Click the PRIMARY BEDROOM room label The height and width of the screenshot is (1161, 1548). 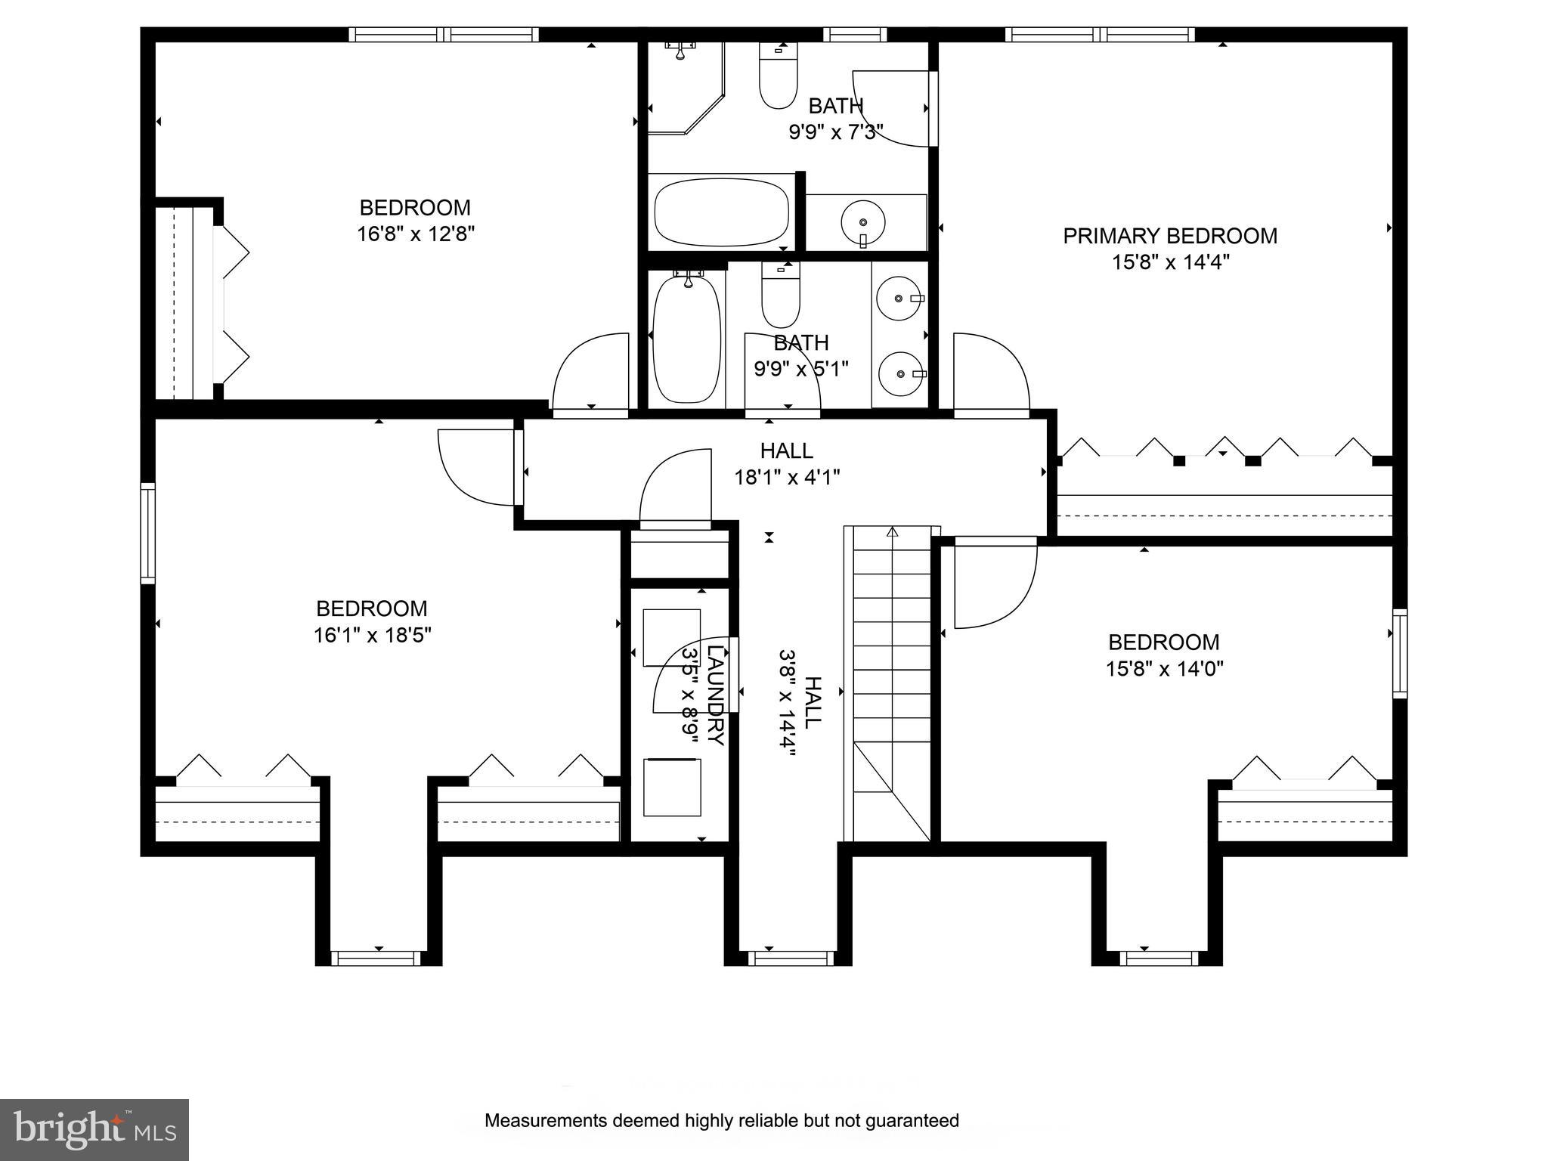pos(1169,236)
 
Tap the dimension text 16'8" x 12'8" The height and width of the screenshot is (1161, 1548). pos(415,234)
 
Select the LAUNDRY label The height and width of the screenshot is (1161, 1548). pos(716,692)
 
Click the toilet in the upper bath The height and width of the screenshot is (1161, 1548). pos(778,76)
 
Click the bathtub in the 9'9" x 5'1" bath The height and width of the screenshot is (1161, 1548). pos(687,339)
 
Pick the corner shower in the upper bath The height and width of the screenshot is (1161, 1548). pos(686,88)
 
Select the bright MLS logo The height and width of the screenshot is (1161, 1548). pos(94,1129)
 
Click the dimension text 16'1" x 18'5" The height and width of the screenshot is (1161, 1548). pos(372,635)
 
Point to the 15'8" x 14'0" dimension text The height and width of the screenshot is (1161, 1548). pos(1164,669)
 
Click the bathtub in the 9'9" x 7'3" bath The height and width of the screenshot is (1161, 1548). pos(721,212)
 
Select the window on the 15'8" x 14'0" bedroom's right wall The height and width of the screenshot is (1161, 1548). pos(1400,653)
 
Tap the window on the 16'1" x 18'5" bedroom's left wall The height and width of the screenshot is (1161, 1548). pos(148,534)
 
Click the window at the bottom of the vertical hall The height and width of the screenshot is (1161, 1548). pos(791,958)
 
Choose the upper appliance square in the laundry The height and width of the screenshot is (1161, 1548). pos(671,637)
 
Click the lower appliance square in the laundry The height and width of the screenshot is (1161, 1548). pos(671,788)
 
